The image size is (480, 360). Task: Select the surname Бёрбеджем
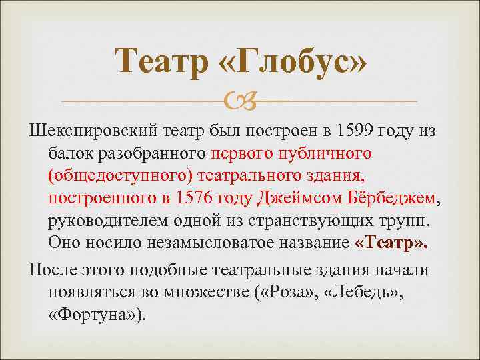397,198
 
